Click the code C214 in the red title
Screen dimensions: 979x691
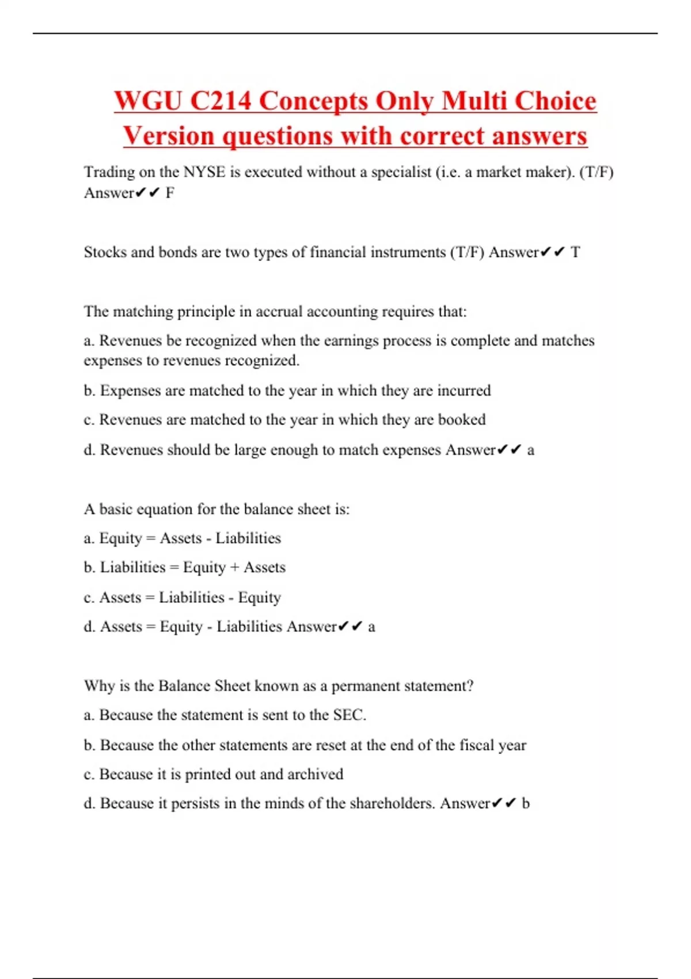221,101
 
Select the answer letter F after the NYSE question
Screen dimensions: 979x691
170,193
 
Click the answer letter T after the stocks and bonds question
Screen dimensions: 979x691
575,252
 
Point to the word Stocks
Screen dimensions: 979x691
105,252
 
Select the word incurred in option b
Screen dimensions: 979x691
464,390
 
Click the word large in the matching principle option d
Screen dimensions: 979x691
250,450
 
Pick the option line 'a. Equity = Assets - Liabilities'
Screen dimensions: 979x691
183,538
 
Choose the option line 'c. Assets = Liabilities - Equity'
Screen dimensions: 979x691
183,597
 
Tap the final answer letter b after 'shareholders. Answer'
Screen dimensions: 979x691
526,803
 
